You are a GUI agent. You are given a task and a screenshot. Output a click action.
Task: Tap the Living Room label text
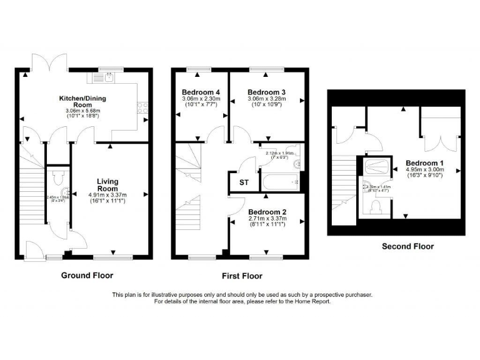107,185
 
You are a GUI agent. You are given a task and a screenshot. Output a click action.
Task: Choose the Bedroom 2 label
266,211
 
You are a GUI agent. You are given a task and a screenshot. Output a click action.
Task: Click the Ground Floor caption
87,275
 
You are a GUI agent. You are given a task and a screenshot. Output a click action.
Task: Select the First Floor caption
242,276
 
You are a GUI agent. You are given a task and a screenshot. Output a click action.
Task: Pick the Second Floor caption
407,246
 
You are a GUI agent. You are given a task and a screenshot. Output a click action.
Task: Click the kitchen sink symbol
108,77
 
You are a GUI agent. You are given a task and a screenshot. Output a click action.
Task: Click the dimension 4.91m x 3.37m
107,194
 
